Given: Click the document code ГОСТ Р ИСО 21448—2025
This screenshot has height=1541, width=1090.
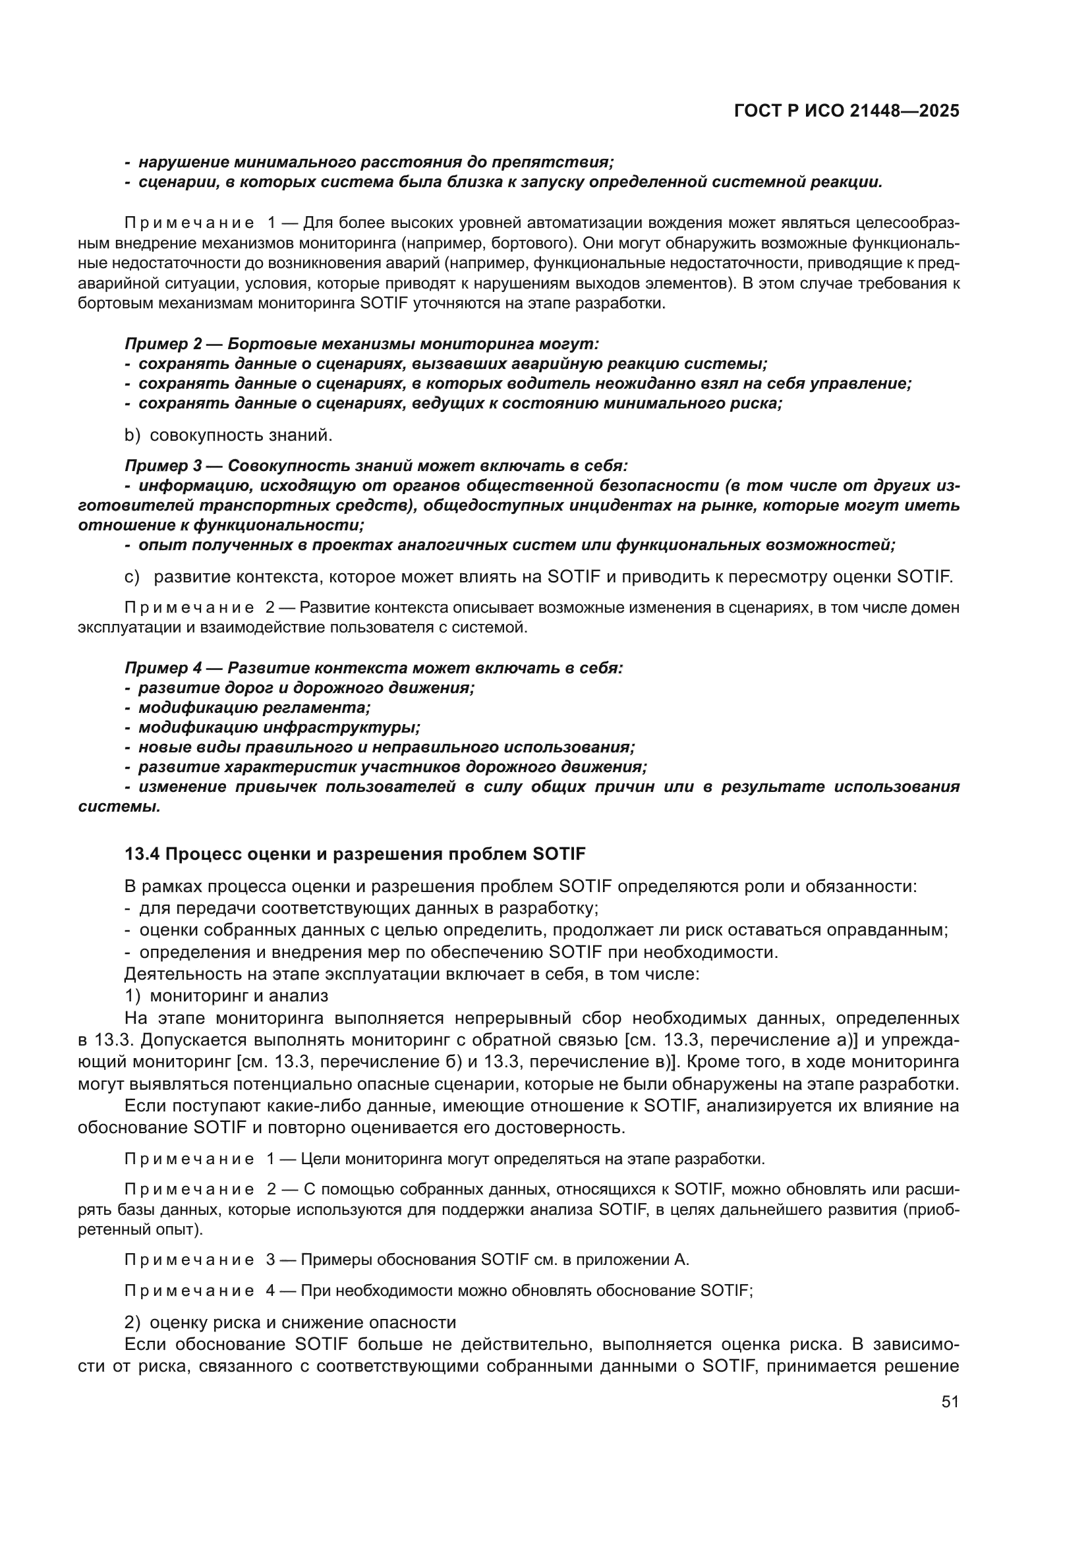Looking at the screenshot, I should [x=846, y=111].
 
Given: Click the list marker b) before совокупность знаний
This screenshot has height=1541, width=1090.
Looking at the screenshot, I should [x=132, y=435].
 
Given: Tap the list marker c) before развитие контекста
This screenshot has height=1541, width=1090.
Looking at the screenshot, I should [x=132, y=576].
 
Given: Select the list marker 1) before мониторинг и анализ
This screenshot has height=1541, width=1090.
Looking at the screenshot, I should [x=132, y=995].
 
